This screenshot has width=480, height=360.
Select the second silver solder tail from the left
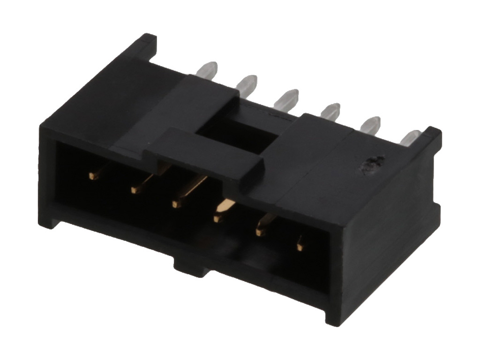pyautogui.click(x=247, y=83)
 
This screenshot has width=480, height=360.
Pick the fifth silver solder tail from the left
pyautogui.click(x=370, y=124)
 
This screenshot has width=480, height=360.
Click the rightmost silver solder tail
pyautogui.click(x=409, y=136)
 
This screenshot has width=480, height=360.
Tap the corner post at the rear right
pyautogui.click(x=431, y=136)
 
